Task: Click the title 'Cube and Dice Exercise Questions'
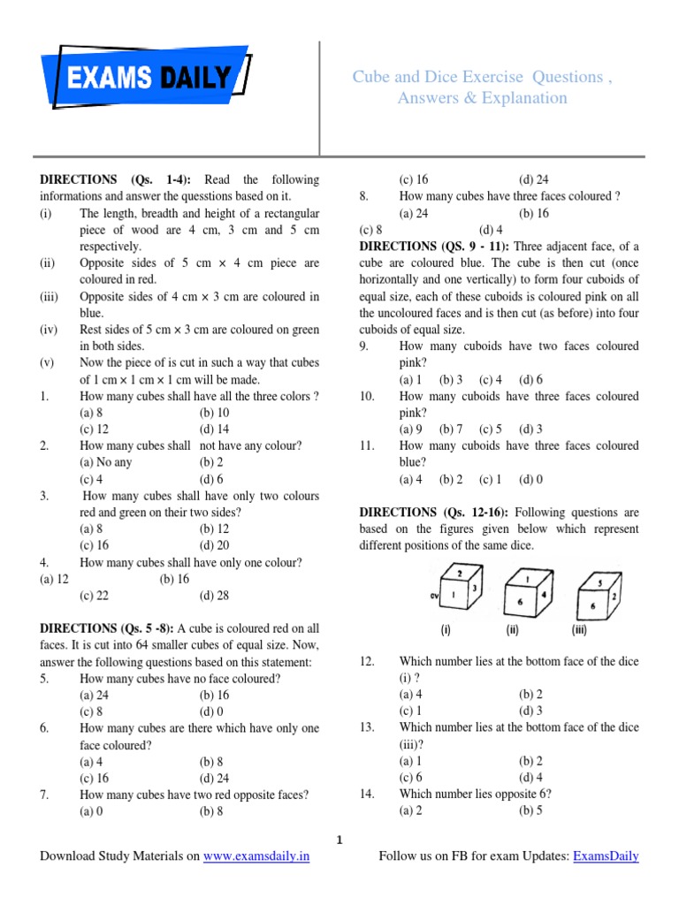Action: [x=482, y=77]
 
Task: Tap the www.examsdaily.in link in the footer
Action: [x=256, y=856]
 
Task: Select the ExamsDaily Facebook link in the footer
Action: [x=606, y=856]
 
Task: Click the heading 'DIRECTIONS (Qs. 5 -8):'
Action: [x=112, y=629]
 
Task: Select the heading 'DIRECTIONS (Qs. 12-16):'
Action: [x=434, y=513]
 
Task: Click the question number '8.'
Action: [x=364, y=196]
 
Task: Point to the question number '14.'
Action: [x=368, y=795]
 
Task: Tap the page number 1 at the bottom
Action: [x=339, y=839]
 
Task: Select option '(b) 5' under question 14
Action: [x=531, y=811]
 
